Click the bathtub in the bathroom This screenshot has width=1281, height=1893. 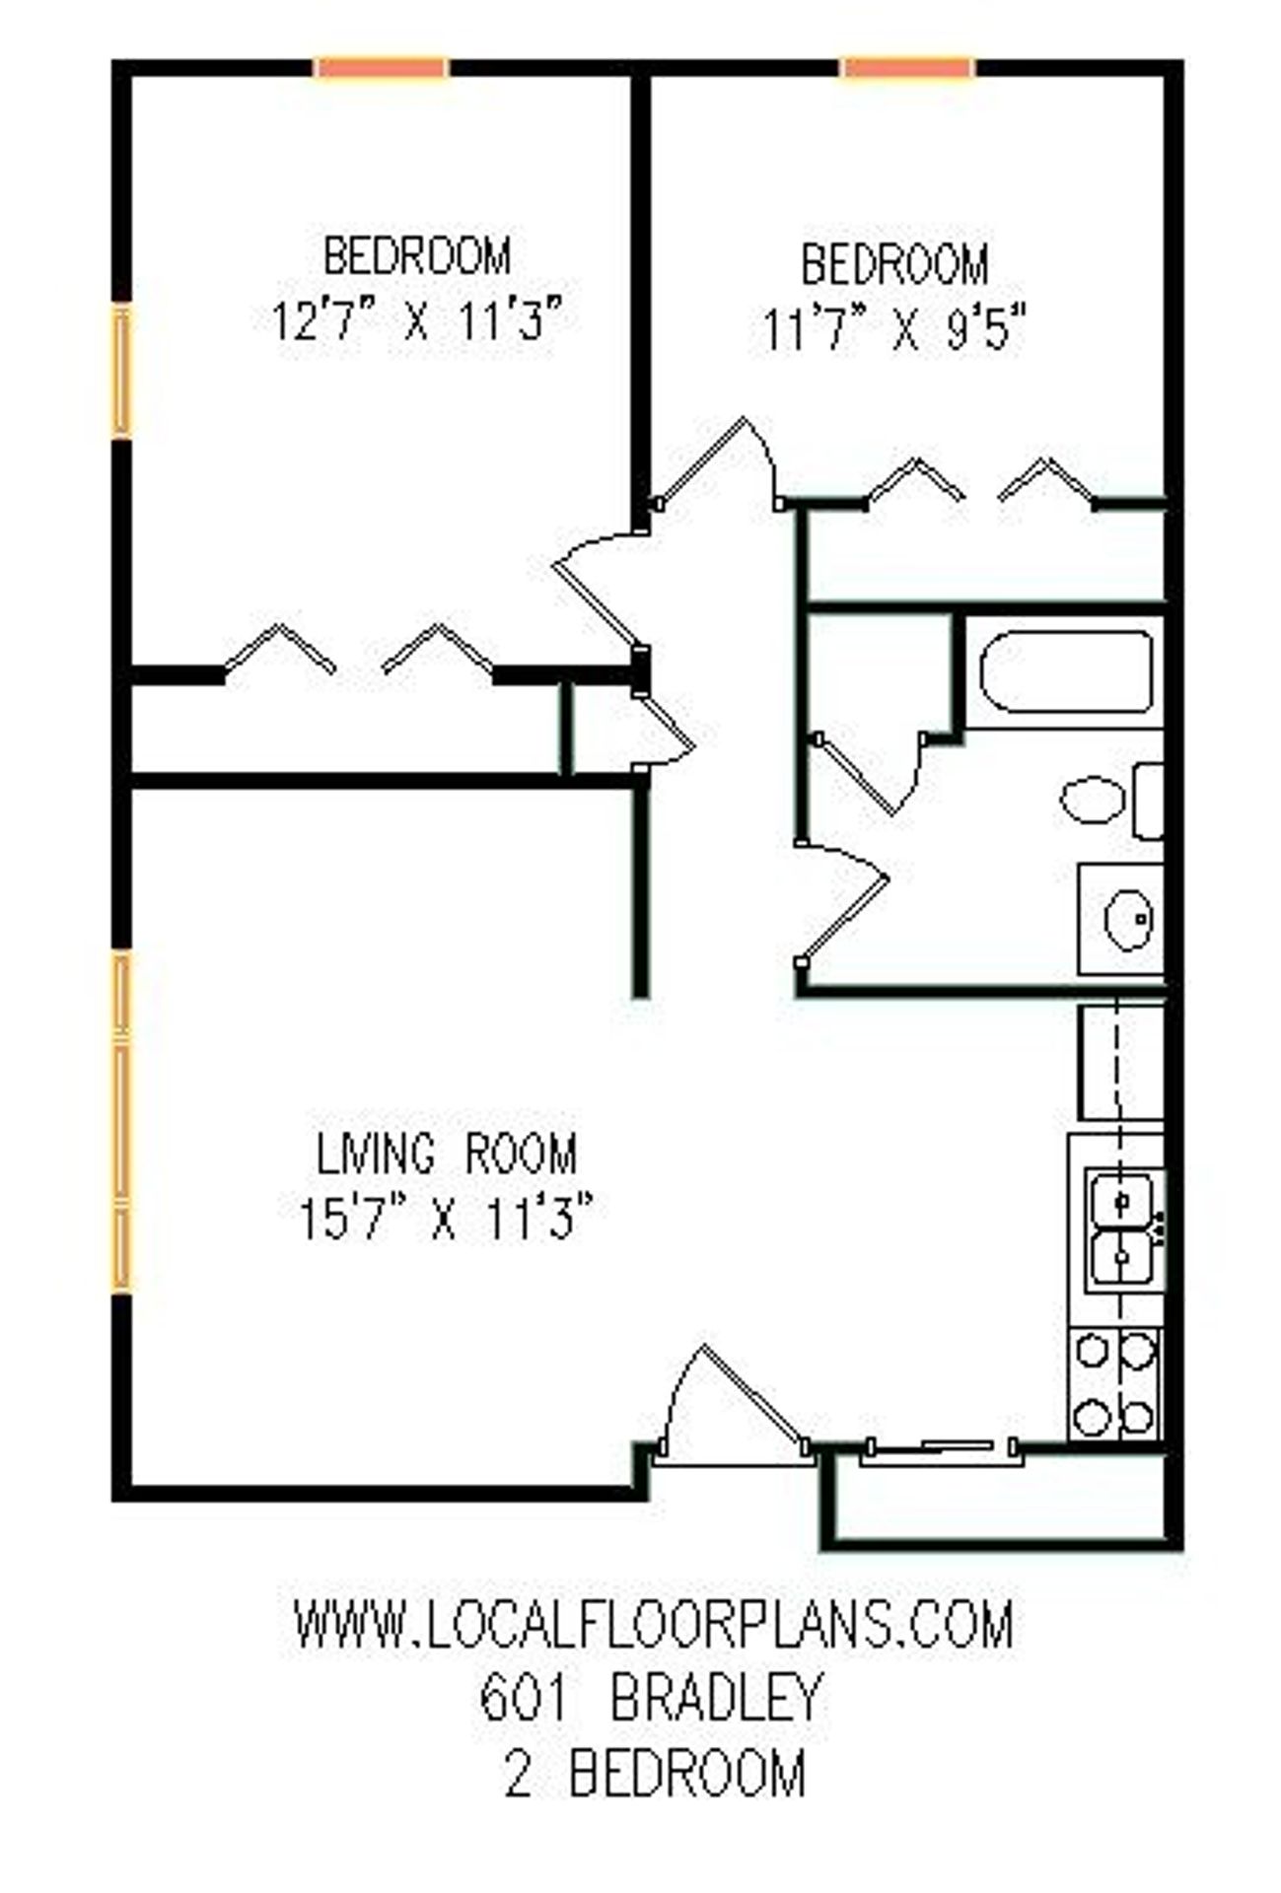coord(1066,672)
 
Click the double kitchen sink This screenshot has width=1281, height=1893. coord(1123,1229)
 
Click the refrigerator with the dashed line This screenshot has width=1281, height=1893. coord(1122,1061)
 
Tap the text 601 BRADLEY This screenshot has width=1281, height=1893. coord(650,1697)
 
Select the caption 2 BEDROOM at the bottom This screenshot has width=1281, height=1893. coord(655,1772)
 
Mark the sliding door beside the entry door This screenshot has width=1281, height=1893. coord(940,1448)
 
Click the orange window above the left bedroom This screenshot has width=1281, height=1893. coord(382,68)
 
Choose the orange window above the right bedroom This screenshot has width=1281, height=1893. coord(908,68)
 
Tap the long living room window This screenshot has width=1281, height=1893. coord(121,1120)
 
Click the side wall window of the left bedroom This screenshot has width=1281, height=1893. coord(121,371)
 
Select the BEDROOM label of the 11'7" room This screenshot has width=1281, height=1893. coord(893,264)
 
